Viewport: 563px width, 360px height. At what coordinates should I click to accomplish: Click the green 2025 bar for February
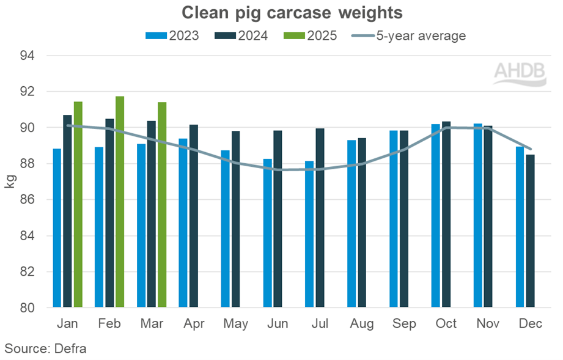tap(120, 202)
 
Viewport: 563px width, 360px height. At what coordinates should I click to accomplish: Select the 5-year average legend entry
tap(409, 35)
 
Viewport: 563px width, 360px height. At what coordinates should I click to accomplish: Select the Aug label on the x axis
tap(362, 323)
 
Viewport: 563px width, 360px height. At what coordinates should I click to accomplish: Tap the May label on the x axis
tap(235, 323)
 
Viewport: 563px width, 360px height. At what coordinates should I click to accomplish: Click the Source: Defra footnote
tap(45, 348)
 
